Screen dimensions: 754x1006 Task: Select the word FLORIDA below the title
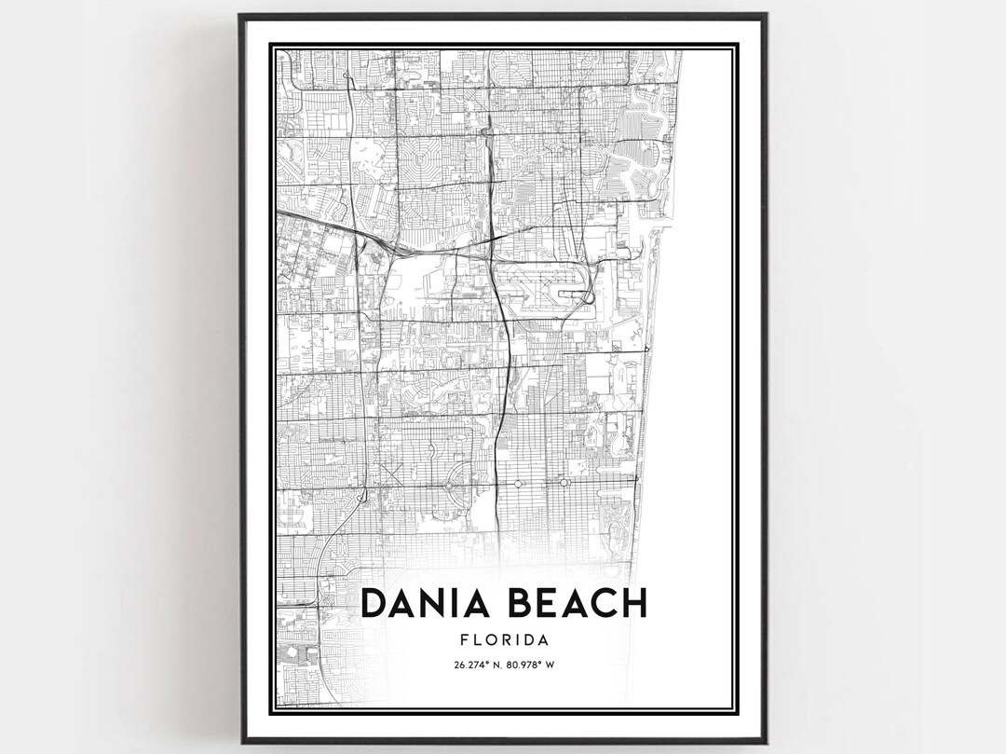(503, 640)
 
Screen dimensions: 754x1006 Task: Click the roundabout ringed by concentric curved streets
(451, 485)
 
